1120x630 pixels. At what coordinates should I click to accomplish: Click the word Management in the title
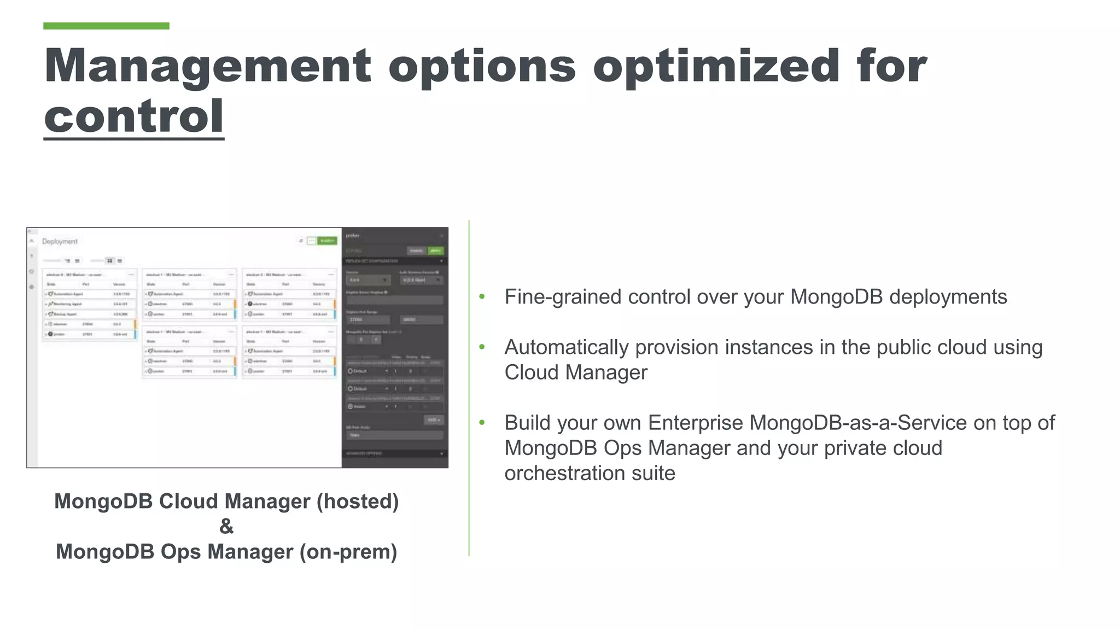208,67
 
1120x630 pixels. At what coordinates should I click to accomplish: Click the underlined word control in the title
134,116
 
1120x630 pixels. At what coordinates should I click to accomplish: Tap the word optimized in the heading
716,67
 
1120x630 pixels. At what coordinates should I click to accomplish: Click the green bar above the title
106,26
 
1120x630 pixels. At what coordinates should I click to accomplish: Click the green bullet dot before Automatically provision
482,347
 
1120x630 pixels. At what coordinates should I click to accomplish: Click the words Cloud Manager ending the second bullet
575,372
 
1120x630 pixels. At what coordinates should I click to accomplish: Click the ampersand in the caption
226,526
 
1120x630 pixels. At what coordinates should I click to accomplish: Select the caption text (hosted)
358,501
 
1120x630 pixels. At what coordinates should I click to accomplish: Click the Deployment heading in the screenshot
60,241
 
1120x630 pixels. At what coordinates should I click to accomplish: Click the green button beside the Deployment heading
328,241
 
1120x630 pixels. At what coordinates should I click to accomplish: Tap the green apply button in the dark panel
435,250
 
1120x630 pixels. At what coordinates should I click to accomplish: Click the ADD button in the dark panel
434,420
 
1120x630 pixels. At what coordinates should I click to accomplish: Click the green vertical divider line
469,388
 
